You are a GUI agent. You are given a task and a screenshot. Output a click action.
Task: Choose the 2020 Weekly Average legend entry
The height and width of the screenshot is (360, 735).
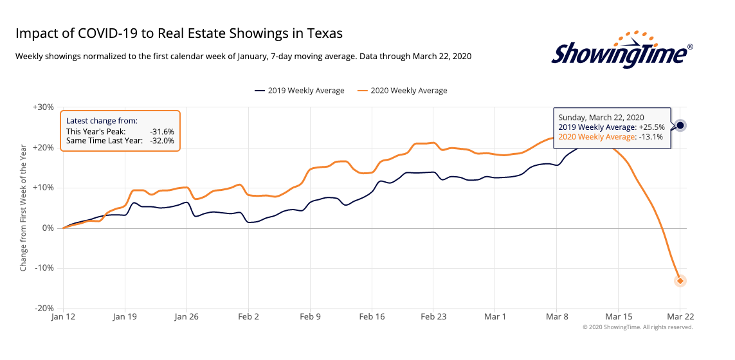coord(404,91)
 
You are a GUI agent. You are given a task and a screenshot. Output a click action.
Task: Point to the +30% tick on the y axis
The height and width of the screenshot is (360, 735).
coord(43,107)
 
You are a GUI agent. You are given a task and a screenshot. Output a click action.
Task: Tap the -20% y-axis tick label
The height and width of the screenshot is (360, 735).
coord(44,309)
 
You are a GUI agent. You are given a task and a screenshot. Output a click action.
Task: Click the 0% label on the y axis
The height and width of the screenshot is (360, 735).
coord(48,228)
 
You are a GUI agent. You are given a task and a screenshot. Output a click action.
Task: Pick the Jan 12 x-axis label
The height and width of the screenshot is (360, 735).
coord(63,317)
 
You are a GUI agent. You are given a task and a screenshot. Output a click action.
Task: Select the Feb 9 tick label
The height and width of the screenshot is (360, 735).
coord(310,317)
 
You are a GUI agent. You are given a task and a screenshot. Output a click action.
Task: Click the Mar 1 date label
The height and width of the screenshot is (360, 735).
coord(495,317)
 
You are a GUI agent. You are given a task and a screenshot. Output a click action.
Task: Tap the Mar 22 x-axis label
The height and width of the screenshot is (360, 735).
coord(680,317)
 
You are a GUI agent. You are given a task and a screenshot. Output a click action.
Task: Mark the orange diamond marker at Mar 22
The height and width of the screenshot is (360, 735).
coord(680,281)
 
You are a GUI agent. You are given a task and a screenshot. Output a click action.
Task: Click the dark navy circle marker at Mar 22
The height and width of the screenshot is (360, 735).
coord(680,125)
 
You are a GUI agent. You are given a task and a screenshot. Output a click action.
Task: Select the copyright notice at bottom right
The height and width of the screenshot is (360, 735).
coord(637,327)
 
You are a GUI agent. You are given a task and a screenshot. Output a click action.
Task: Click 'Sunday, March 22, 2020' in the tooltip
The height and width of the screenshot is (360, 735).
coord(601,117)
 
